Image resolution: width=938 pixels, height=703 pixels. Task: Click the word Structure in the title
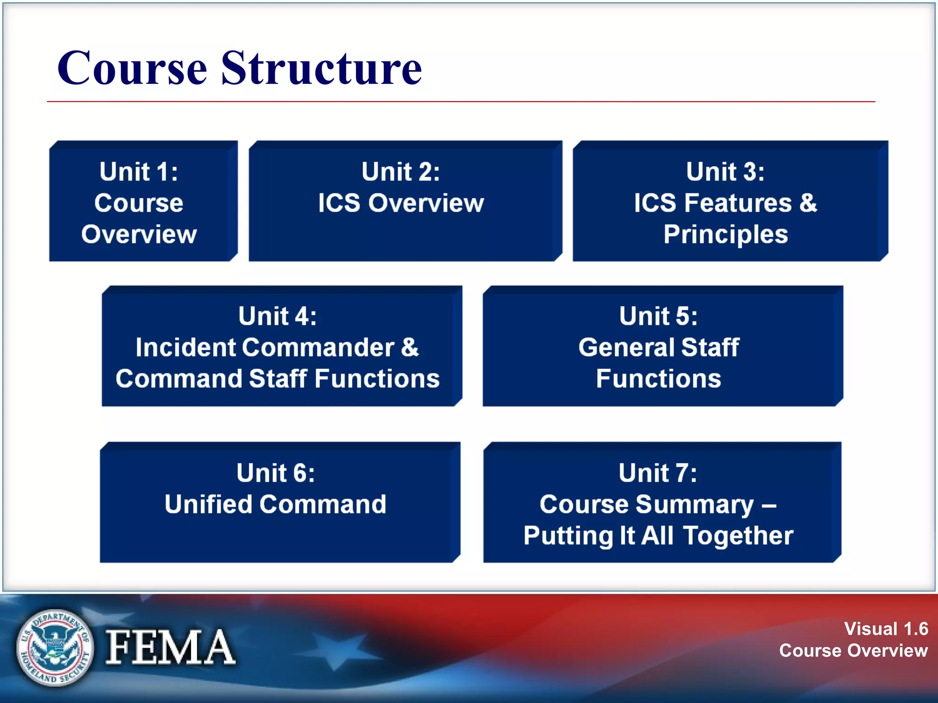322,69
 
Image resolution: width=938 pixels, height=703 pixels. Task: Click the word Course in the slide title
132,69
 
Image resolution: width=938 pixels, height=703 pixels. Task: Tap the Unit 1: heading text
139,172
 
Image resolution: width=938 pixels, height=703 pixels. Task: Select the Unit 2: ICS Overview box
405,201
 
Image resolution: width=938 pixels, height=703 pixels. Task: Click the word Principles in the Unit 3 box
725,235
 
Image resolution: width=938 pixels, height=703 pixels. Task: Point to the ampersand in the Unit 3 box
808,203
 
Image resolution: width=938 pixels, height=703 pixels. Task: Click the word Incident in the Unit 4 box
185,347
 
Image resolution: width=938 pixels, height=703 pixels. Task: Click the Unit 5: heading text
658,316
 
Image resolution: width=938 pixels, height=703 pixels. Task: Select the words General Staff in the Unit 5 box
658,347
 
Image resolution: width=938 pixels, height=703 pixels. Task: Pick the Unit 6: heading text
276,473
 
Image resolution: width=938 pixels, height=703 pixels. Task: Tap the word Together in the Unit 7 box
738,536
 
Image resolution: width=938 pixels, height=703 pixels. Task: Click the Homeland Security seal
55,647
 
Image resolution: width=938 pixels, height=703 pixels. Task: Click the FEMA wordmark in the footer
170,647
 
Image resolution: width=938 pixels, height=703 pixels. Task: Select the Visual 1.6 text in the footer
886,629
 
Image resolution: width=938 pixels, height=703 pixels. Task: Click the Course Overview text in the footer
853,650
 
